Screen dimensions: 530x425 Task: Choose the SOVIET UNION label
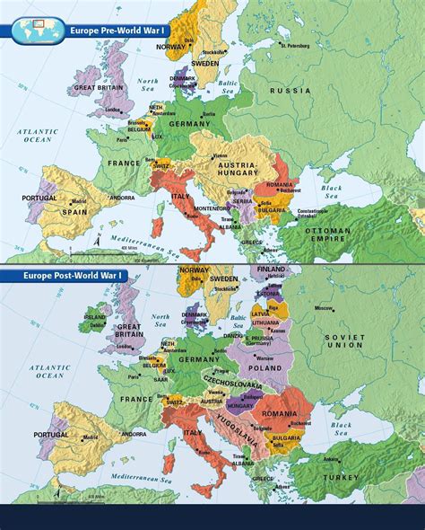[x=345, y=340]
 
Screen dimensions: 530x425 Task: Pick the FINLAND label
[x=271, y=269]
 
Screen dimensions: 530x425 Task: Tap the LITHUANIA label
[x=265, y=322]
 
